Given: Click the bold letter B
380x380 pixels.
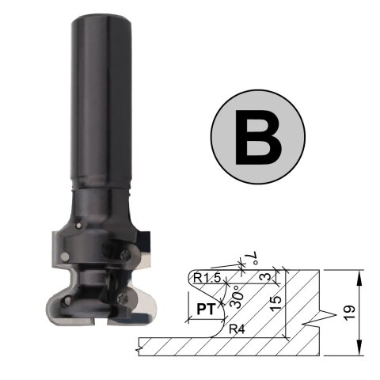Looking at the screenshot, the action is pos(258,137).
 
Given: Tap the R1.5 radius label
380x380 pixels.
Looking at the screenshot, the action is pos(207,278).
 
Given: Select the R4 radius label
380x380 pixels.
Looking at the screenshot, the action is pos(237,329).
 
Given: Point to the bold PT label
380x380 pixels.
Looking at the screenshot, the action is pos(206,310).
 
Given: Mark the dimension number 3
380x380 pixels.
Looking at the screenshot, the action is pos(267,276).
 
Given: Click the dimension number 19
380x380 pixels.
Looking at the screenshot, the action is pos(350,313).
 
